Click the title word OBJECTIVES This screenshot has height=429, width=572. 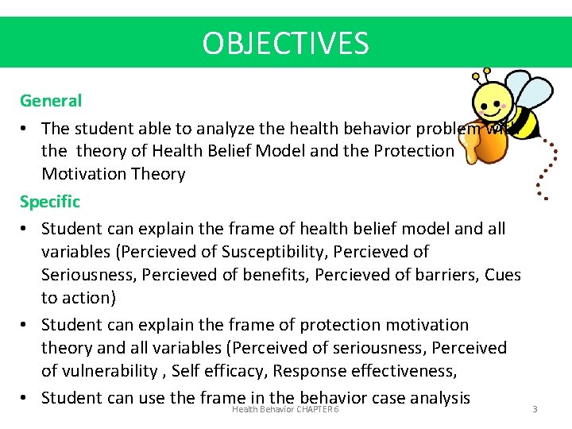click(285, 43)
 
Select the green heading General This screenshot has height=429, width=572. click(51, 101)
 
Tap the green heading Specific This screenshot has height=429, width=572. click(50, 202)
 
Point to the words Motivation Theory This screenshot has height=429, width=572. click(113, 174)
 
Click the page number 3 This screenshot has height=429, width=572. click(535, 409)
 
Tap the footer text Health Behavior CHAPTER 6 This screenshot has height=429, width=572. click(285, 409)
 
